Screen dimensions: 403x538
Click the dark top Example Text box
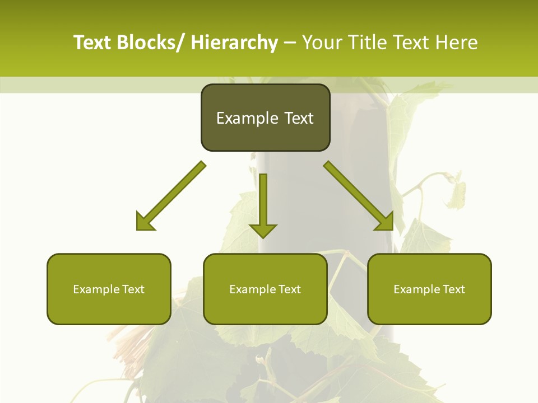(x=265, y=118)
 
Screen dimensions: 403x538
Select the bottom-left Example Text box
(x=109, y=289)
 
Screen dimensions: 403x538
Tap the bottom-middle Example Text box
(x=265, y=289)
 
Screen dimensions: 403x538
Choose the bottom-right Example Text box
(x=429, y=289)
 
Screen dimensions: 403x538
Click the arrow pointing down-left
(x=171, y=196)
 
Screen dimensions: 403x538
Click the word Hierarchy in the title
(x=234, y=43)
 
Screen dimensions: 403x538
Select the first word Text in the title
(x=93, y=43)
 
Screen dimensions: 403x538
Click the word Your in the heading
(x=322, y=43)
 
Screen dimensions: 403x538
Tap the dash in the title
(x=290, y=43)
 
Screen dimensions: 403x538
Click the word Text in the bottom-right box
(x=453, y=289)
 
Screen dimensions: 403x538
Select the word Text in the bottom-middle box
(x=289, y=289)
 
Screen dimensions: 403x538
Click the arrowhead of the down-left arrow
(x=145, y=222)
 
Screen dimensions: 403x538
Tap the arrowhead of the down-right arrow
(x=385, y=222)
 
